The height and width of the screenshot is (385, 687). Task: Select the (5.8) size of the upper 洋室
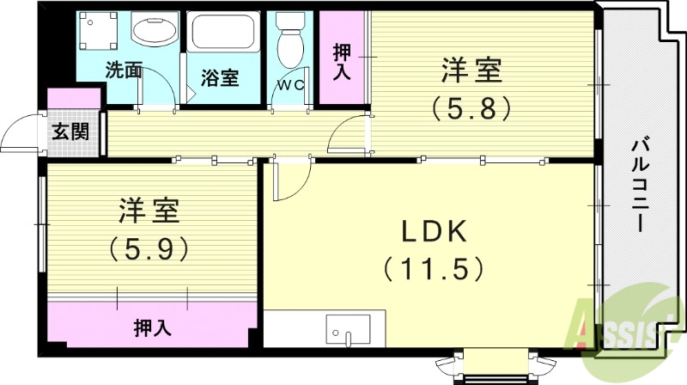(472, 107)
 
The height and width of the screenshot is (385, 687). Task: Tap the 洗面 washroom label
(124, 70)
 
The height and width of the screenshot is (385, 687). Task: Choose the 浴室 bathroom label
(220, 77)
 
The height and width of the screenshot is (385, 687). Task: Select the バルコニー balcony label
(638, 184)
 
